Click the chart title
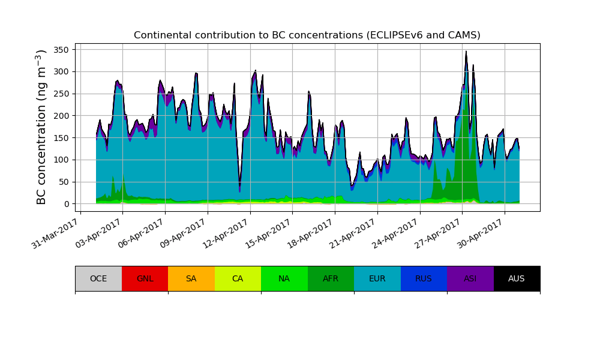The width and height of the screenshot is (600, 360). pos(307,35)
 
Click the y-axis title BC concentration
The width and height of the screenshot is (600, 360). pos(41,127)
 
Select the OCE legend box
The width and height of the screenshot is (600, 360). pos(98,278)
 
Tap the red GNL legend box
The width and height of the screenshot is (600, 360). pos(145,278)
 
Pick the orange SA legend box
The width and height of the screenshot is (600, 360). pos(191,278)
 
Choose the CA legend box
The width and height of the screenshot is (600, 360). pos(238,278)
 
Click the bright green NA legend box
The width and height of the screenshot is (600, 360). pos(284,278)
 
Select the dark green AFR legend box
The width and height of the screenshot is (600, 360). pos(331,278)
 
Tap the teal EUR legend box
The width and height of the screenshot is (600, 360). pos(377,278)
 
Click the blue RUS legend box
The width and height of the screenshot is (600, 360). pos(424,278)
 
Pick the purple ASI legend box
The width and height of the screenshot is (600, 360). pos(470,278)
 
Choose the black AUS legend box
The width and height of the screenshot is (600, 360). pos(517,278)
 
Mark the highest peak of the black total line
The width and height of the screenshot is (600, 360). pos(466,52)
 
